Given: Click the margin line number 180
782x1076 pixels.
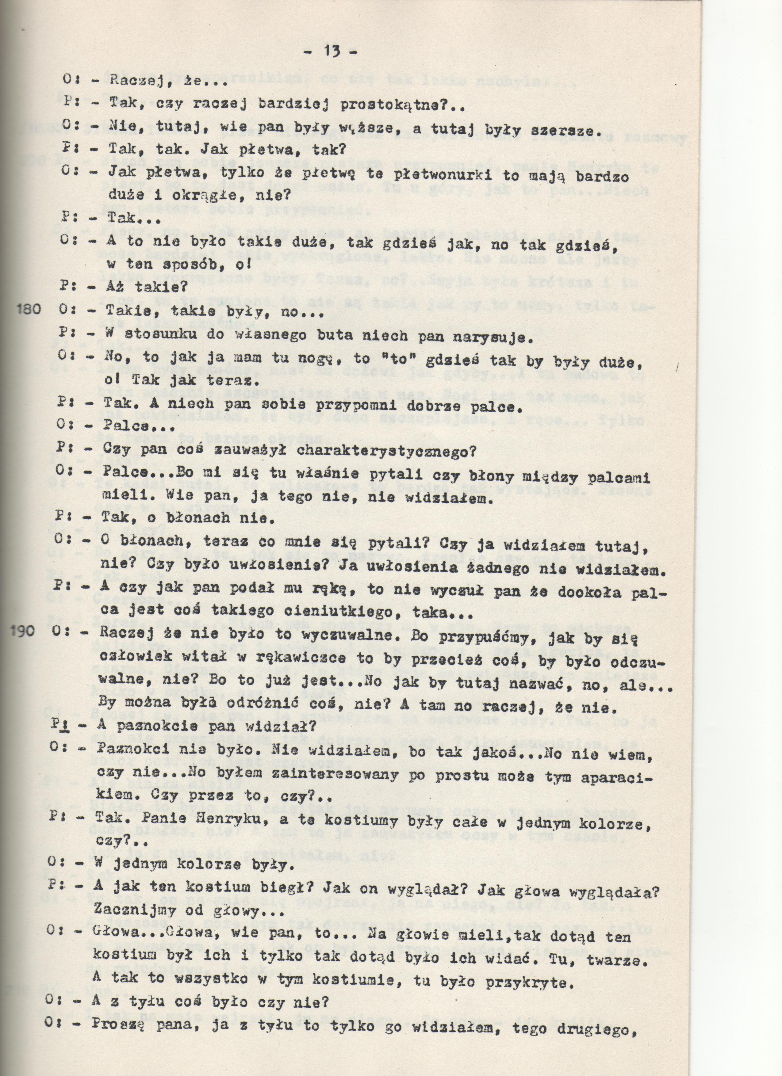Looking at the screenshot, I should pyautogui.click(x=30, y=310).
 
